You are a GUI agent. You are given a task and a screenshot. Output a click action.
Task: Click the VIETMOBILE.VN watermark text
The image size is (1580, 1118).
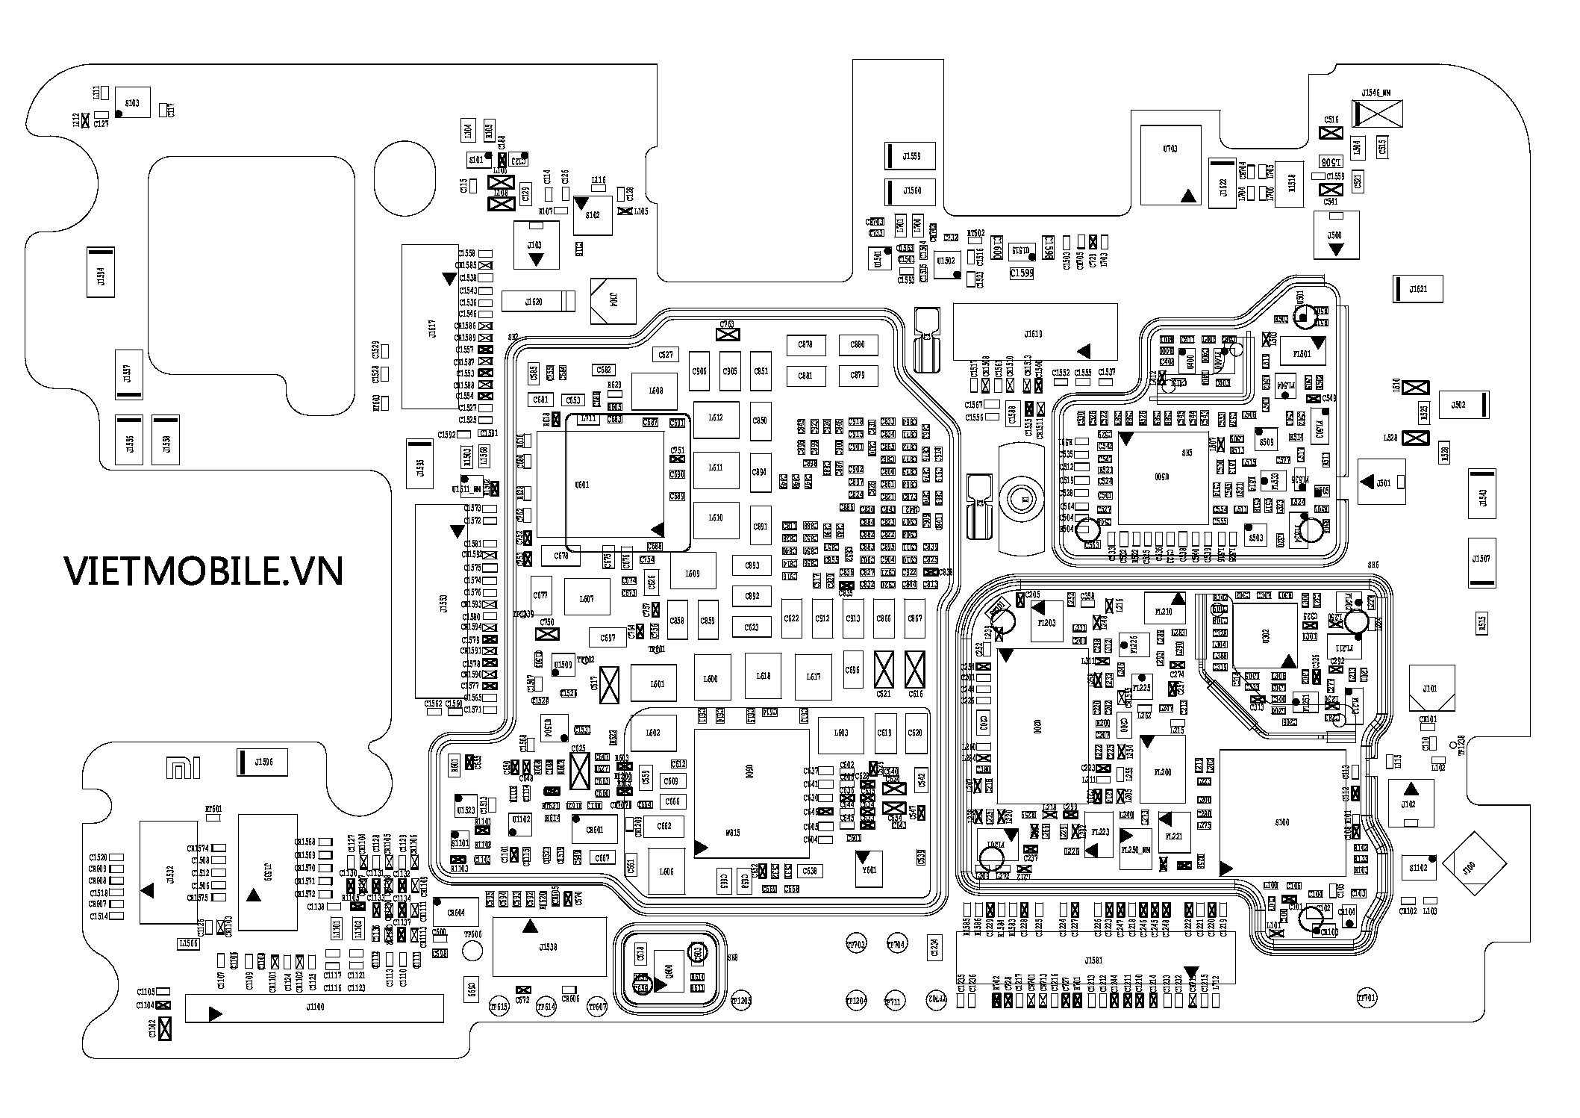pos(203,571)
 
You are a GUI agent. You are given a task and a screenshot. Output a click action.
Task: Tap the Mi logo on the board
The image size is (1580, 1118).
pos(182,768)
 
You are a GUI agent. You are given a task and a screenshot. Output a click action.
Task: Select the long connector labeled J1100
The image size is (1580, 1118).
pos(314,1007)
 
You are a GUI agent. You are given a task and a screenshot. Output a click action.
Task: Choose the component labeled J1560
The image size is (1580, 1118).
pos(910,191)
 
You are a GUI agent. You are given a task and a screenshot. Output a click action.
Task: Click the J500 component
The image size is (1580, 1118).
pos(1335,235)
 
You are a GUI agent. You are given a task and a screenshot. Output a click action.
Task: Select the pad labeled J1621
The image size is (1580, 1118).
pos(1417,289)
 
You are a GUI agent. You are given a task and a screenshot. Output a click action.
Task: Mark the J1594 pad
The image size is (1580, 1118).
pos(101,272)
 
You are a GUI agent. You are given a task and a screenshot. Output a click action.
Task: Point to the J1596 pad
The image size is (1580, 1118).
pos(262,763)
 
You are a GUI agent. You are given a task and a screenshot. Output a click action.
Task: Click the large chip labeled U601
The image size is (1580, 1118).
pos(582,485)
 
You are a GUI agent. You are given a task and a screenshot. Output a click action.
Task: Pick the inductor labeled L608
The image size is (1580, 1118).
pos(655,391)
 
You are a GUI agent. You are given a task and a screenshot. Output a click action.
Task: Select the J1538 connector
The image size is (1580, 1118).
pos(549,947)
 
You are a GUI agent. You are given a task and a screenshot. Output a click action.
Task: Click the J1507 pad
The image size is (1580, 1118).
pos(1482,559)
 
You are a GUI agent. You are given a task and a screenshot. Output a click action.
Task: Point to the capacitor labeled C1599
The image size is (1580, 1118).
pos(1021,273)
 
